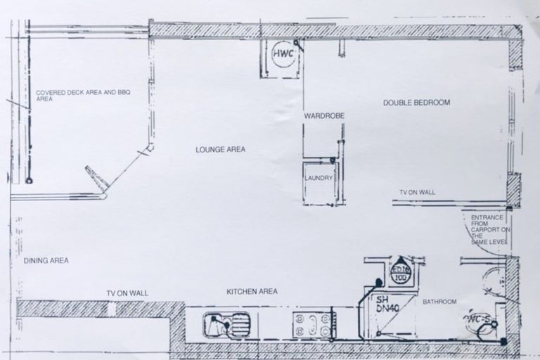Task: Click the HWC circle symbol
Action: pos(283,57)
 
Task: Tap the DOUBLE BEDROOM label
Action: pos(416,103)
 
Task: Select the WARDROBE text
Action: pos(323,115)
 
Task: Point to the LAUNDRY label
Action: pos(319,179)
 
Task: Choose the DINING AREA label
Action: pos(46,261)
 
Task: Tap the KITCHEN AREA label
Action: pos(252,291)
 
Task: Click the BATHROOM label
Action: pos(439,302)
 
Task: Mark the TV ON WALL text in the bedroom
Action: pos(417,192)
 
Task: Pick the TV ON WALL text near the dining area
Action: pos(127,293)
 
